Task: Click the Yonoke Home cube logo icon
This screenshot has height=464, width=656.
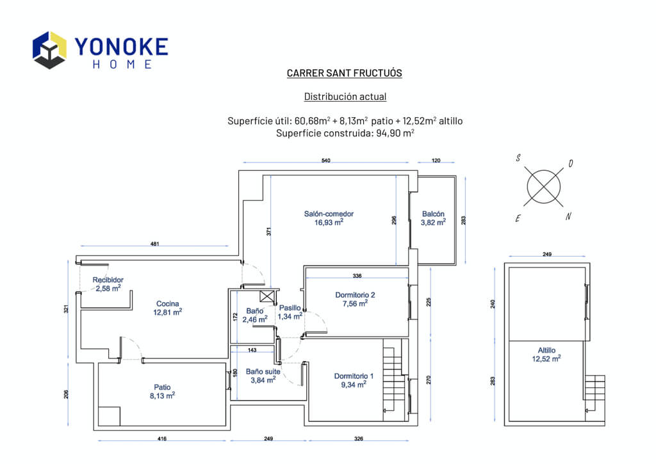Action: click(x=49, y=50)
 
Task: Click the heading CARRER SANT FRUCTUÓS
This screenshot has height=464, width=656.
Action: click(x=344, y=73)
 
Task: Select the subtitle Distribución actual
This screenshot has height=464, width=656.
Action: click(x=345, y=97)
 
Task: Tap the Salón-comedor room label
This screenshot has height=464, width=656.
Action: click(x=329, y=214)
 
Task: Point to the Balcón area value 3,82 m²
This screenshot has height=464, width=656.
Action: click(x=433, y=222)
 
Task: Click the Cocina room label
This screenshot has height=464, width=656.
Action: click(x=167, y=303)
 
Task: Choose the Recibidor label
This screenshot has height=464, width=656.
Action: click(x=108, y=280)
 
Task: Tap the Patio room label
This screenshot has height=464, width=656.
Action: click(x=162, y=387)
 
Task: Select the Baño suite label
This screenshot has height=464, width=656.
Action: click(x=263, y=371)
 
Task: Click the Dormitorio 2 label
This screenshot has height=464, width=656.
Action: click(x=355, y=294)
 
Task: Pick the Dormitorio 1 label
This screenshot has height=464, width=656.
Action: click(x=354, y=376)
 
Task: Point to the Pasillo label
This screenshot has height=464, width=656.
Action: click(x=290, y=308)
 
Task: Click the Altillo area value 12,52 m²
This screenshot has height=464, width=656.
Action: click(x=546, y=358)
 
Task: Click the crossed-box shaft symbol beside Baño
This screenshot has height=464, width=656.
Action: click(x=267, y=296)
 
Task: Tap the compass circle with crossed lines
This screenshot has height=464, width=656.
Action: click(x=543, y=187)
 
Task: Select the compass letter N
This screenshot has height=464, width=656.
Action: click(x=568, y=216)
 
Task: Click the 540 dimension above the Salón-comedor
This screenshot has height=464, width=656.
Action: click(x=325, y=161)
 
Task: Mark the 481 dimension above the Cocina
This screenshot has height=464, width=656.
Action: click(x=154, y=244)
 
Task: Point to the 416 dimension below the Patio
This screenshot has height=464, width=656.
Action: click(x=162, y=438)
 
